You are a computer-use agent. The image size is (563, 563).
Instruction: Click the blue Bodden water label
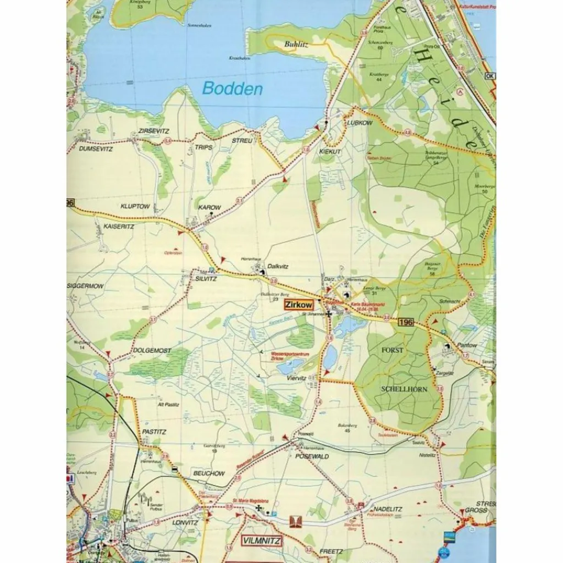tap(232, 89)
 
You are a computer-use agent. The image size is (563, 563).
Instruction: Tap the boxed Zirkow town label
tap(299, 305)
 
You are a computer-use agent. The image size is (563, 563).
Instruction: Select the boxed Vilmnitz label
tap(261, 541)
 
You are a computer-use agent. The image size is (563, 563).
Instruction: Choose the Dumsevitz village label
tap(96, 148)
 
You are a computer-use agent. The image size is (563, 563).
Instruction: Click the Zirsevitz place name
tap(154, 131)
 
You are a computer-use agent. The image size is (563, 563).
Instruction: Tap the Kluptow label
tap(135, 207)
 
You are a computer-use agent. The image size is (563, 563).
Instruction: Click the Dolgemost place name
tap(152, 350)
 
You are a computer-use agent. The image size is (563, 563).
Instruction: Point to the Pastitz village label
tap(154, 432)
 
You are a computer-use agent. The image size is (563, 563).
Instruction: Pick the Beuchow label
tap(209, 473)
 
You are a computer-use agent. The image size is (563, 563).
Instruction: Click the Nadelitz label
tap(388, 509)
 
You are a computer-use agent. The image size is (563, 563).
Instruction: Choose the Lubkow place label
tap(360, 123)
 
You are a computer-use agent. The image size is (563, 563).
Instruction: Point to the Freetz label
tap(331, 551)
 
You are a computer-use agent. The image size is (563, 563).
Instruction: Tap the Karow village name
tap(209, 208)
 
